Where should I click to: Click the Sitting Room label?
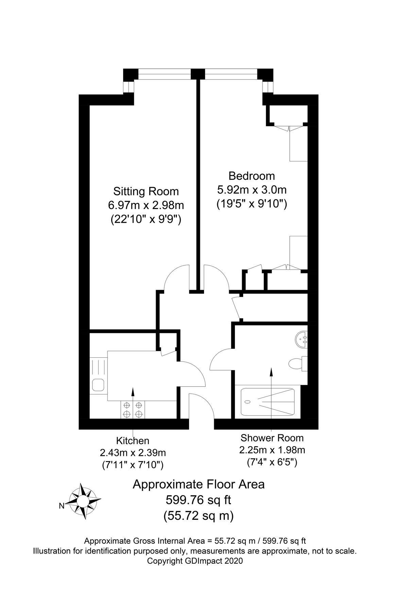click(x=146, y=191)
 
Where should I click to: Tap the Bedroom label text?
click(x=252, y=176)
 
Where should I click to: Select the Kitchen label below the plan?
click(x=133, y=441)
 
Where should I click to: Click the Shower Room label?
click(x=272, y=438)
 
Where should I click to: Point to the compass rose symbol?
click(x=83, y=501)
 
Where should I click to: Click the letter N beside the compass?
click(x=62, y=506)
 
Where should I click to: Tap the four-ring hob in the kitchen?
click(x=133, y=409)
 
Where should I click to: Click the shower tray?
click(x=268, y=402)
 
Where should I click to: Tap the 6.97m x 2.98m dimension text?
click(x=146, y=205)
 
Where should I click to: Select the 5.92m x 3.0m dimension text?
click(x=252, y=189)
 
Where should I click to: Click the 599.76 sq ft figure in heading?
click(x=198, y=500)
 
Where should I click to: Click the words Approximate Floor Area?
click(x=198, y=484)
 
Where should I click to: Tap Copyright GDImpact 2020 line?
click(x=195, y=561)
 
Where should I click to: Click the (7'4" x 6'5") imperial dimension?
click(x=272, y=462)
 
